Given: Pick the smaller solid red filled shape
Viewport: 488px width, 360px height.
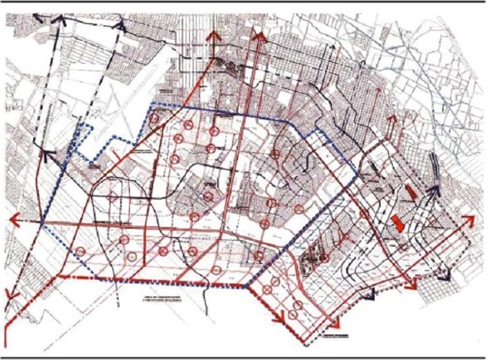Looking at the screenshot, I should (x=409, y=191).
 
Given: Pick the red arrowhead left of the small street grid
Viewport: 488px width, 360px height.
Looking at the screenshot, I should (x=411, y=285).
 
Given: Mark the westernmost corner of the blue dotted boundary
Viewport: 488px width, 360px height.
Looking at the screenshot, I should (x=44, y=225).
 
